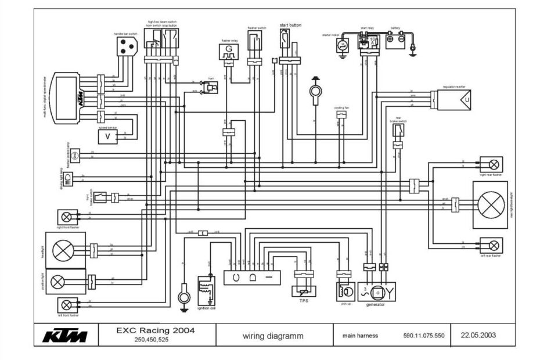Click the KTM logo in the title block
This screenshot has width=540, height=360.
coord(65,336)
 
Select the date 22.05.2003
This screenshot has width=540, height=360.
coord(478,335)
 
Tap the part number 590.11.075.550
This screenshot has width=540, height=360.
coord(423,336)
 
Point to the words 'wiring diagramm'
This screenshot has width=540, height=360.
coord(273,336)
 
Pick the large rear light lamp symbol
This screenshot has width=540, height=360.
coord(489,204)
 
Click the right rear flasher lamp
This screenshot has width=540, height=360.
coord(494,164)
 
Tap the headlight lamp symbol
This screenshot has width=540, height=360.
coord(62,250)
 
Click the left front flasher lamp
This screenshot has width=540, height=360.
coord(67,304)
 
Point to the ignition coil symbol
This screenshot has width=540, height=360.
coord(206,290)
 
